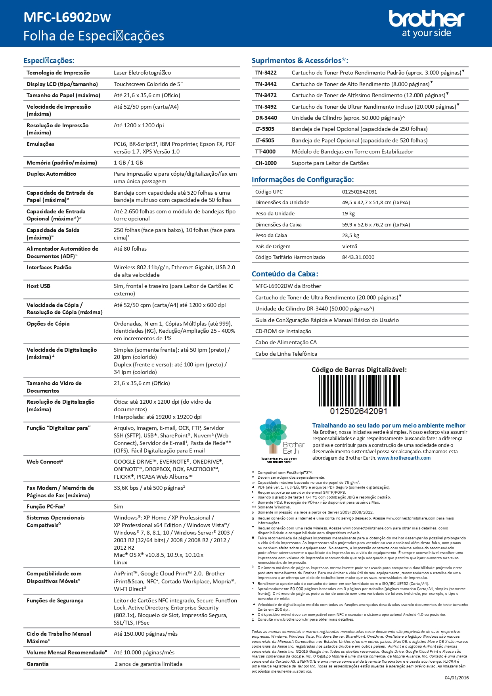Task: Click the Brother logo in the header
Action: [426, 23]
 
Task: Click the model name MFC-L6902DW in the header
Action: [67, 17]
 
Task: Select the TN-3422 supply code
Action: [266, 73]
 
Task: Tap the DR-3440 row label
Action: [266, 118]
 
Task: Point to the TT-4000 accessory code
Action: [265, 151]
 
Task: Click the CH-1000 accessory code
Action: [266, 163]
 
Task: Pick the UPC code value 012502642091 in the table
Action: [360, 192]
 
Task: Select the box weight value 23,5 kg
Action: [350, 235]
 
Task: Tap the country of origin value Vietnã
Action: [350, 246]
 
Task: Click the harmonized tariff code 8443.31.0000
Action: [358, 257]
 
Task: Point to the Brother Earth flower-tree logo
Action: [273, 435]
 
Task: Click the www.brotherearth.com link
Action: [404, 458]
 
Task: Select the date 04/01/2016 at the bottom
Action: [456, 678]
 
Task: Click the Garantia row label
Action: [38, 664]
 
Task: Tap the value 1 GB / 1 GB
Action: [128, 163]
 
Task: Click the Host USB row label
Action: [38, 286]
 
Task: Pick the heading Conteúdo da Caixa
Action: [285, 274]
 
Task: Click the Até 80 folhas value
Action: [130, 249]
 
